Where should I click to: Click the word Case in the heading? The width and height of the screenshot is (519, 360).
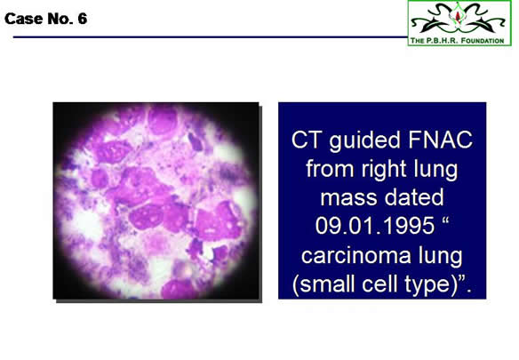[x=23, y=19]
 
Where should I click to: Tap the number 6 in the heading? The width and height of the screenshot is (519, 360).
[x=83, y=19]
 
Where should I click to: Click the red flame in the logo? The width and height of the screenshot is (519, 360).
[x=458, y=16]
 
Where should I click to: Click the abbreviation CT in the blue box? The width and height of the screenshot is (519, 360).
[x=307, y=140]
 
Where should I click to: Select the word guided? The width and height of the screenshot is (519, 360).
[x=364, y=140]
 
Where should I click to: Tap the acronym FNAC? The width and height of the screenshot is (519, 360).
[x=440, y=140]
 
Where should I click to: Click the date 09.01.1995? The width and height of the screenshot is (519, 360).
[x=375, y=226]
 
